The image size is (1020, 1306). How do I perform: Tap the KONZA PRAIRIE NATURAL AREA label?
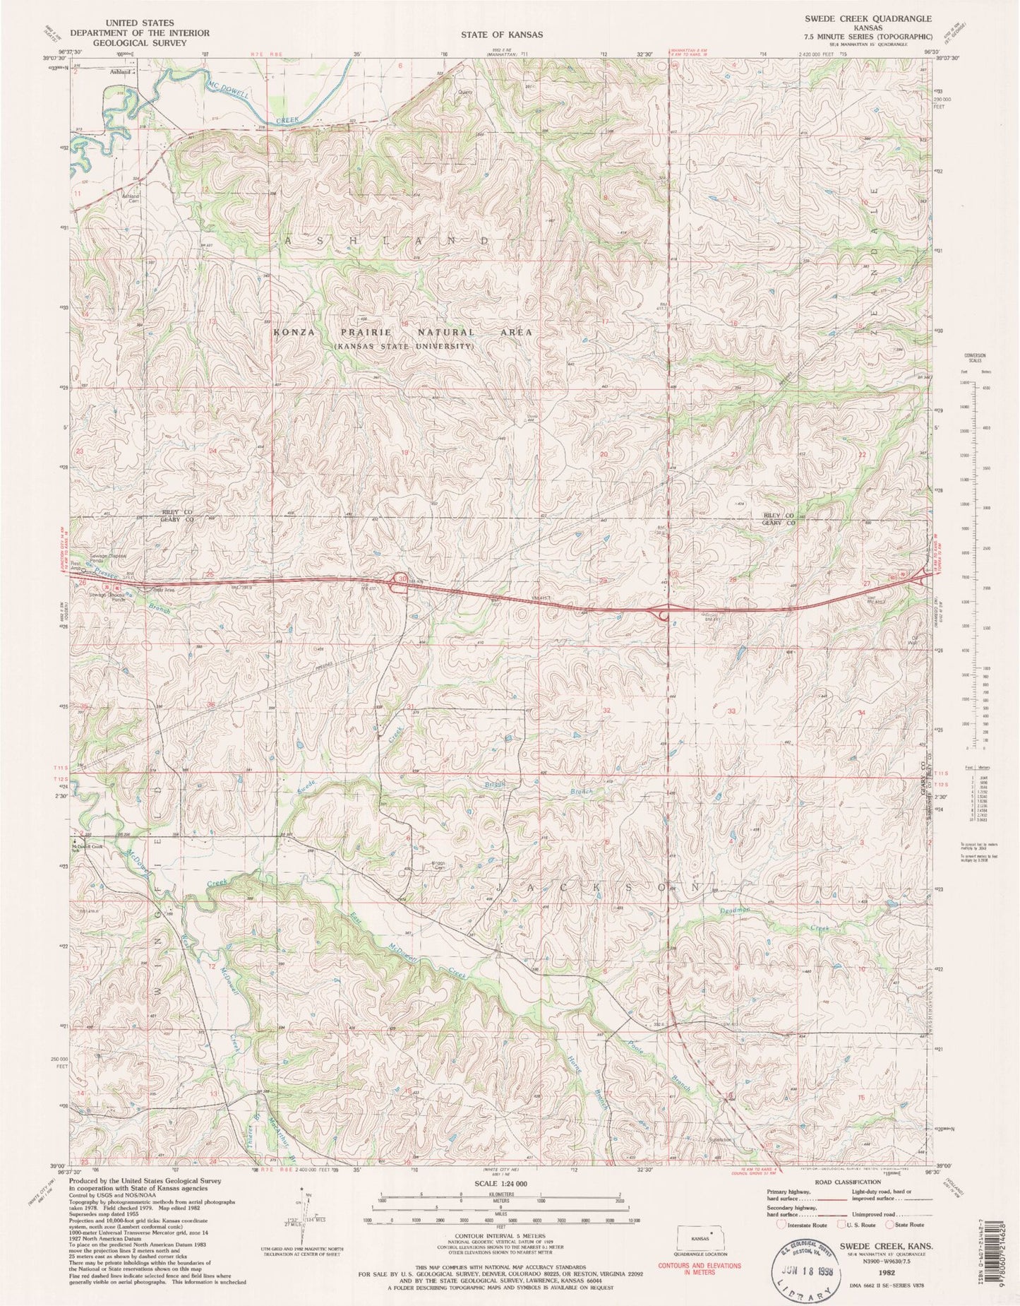pos(402,332)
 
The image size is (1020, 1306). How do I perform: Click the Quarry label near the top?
pos(465,92)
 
